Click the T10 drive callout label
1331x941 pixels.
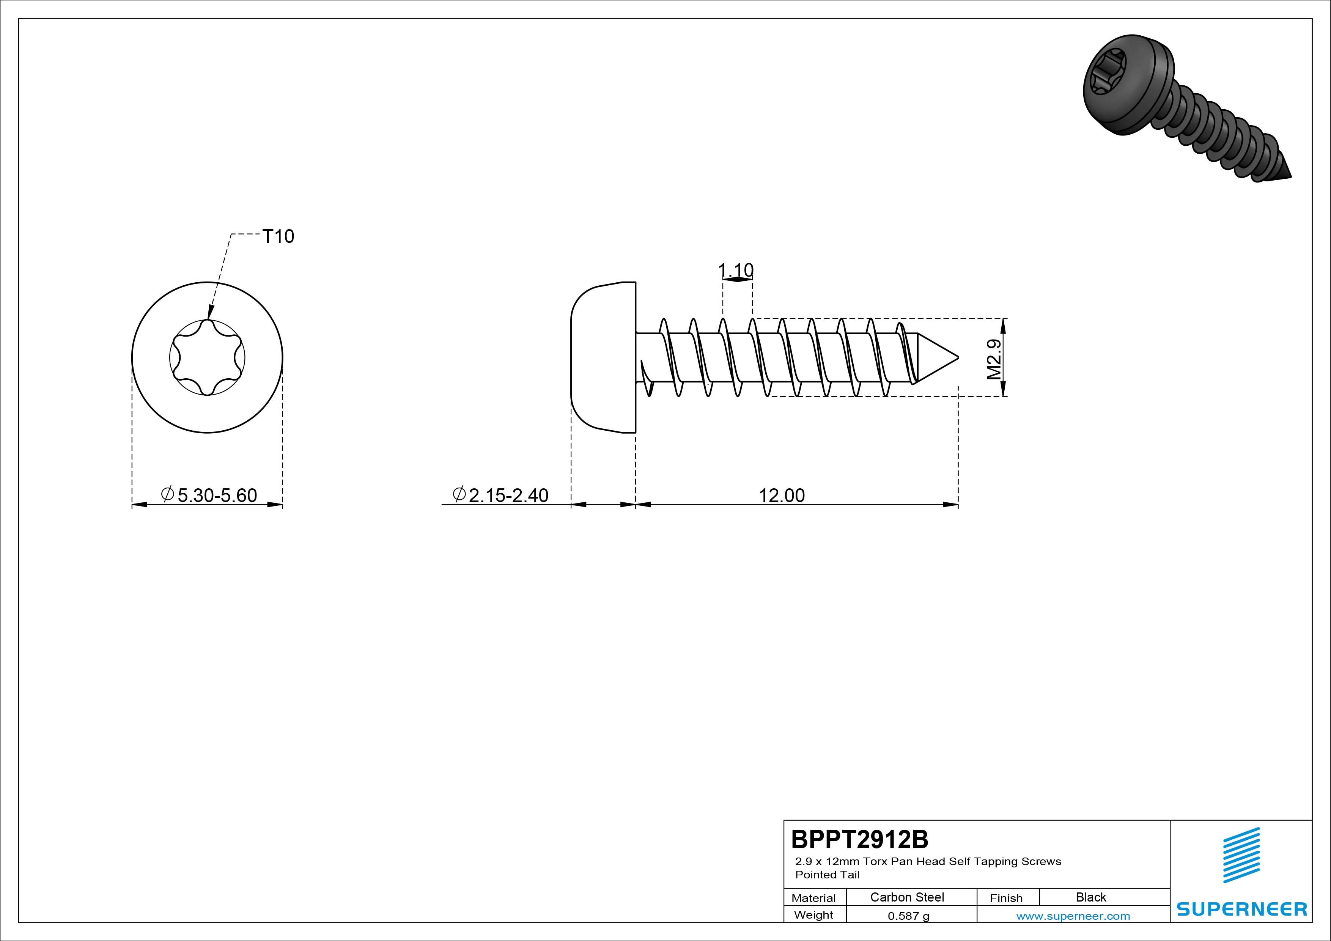[278, 236]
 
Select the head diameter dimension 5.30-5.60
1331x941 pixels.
[209, 495]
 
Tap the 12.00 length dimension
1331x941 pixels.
[782, 496]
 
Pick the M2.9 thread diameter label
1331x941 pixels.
[994, 359]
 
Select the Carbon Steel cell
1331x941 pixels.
[907, 897]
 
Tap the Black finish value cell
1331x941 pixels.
[1091, 897]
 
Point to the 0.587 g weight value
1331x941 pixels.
[908, 916]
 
